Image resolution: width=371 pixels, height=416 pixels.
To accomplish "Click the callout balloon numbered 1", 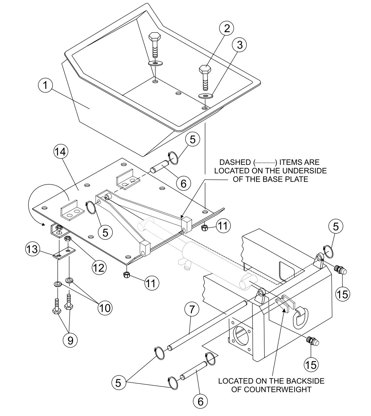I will point(45,86).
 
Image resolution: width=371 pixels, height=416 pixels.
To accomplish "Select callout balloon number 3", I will point(239,45).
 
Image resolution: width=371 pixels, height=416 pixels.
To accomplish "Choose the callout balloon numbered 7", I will point(191,310).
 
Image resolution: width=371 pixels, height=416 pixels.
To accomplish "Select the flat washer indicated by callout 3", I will point(206,96).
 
